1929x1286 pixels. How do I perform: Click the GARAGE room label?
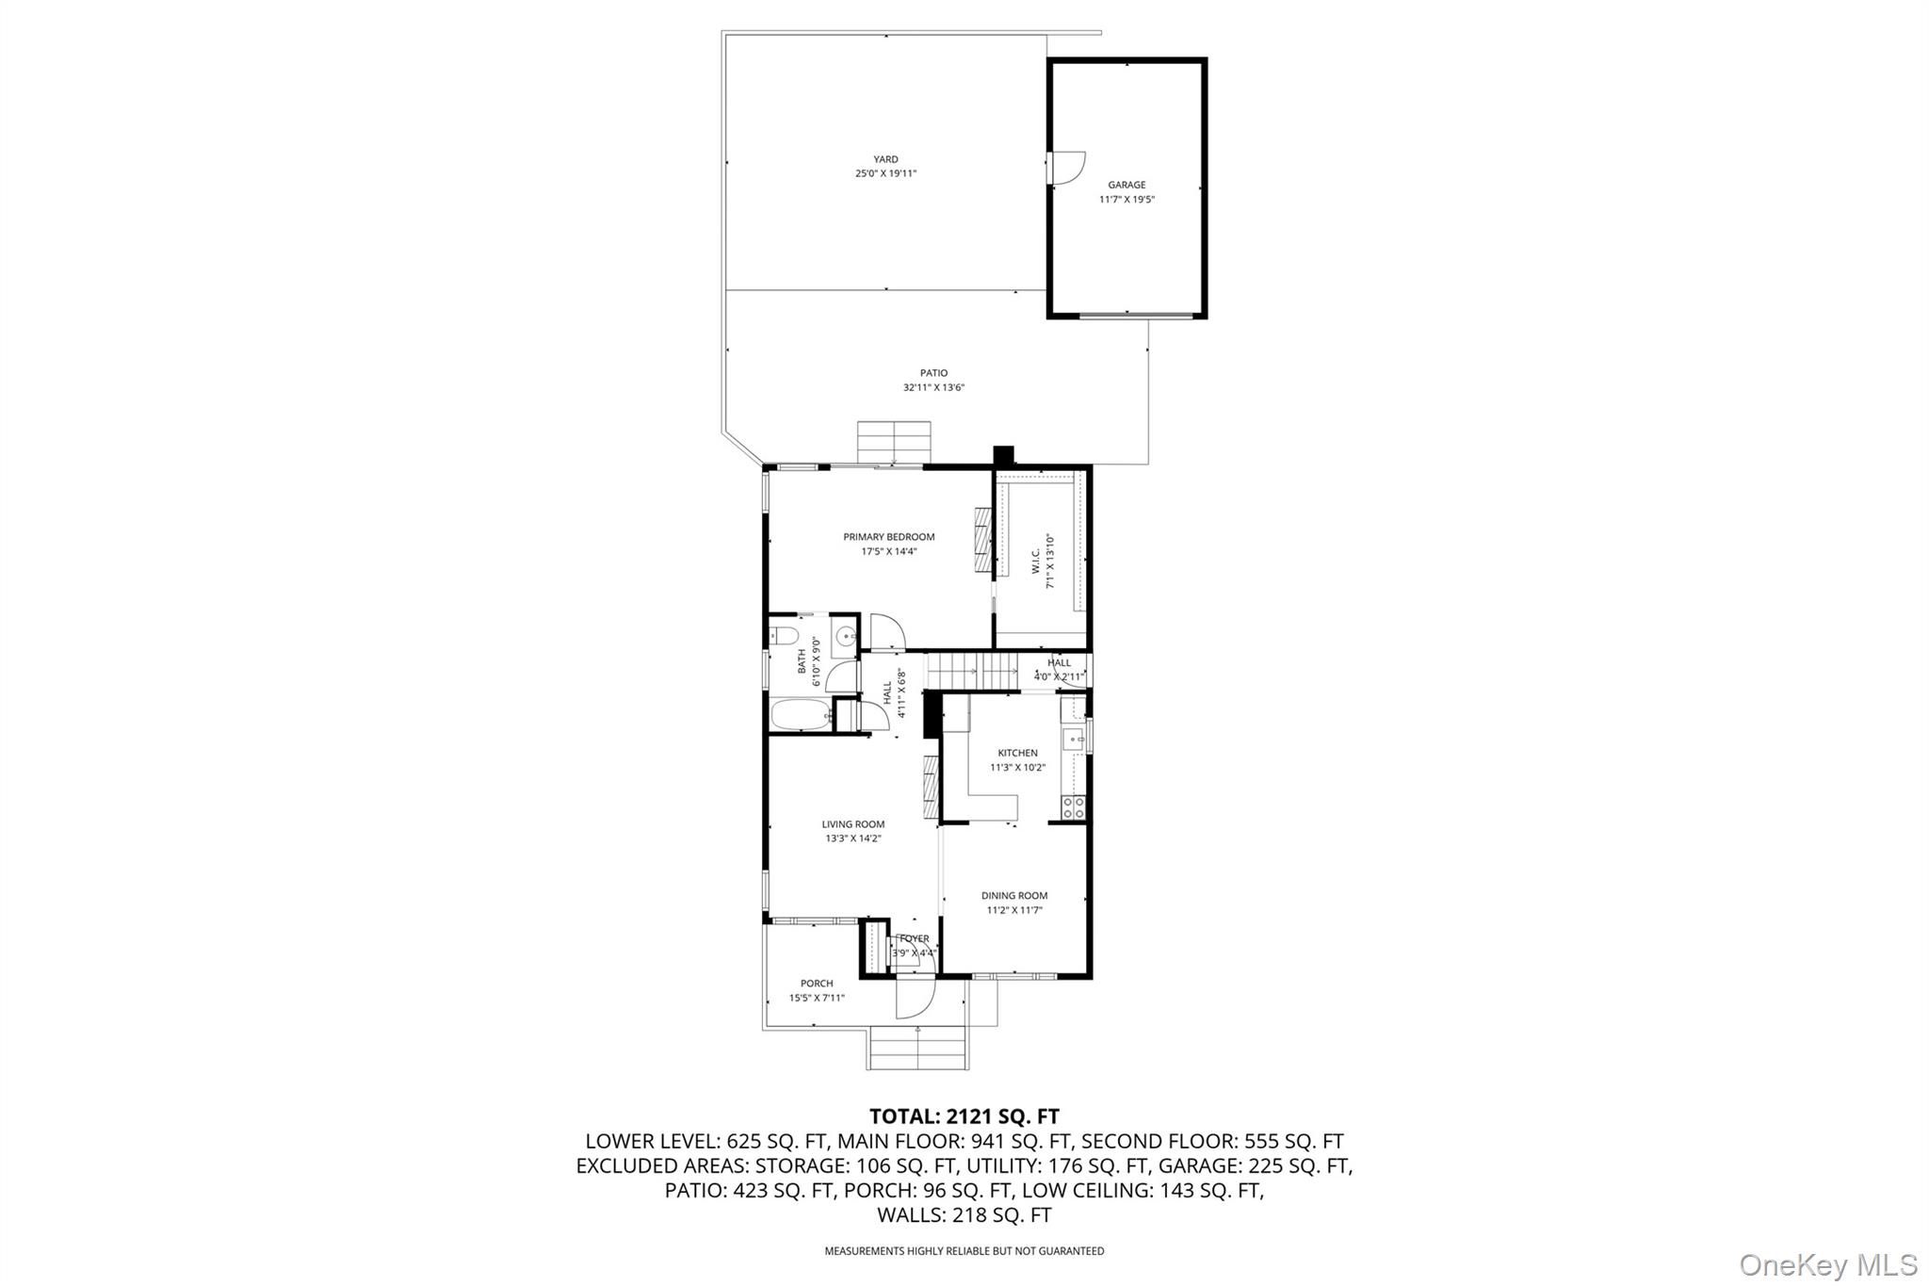coord(1127,185)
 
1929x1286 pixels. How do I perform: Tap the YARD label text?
coord(885,159)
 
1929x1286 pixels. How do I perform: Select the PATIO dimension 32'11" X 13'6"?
coord(933,387)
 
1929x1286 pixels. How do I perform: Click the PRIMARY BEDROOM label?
coord(889,537)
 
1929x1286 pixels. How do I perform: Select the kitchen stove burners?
coord(1074,806)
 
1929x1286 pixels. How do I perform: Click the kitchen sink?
coord(1073,740)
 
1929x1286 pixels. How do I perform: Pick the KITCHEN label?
coord(1018,753)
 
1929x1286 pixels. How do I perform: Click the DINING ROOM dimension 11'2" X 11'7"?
coord(1014,910)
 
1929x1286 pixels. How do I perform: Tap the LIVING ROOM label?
coord(853,824)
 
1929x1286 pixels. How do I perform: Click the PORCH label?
coord(817,984)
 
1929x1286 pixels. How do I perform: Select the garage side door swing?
coord(1070,167)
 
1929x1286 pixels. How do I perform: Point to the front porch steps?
coord(917,1048)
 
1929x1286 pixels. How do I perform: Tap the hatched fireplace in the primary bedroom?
coord(984,539)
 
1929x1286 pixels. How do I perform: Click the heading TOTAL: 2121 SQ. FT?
coord(964,1116)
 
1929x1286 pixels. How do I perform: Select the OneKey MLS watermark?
coord(1828,1264)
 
